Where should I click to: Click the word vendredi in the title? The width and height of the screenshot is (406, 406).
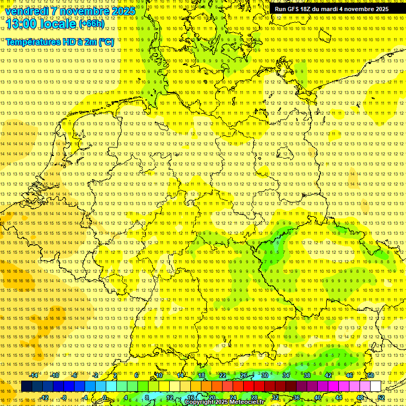coord(27,11)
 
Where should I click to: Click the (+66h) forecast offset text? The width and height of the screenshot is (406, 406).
coord(91,24)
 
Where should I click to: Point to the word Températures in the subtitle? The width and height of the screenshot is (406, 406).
coord(33,42)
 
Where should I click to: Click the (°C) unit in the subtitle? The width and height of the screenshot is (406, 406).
coord(106,42)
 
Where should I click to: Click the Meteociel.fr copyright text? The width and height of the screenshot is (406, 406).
coord(225,402)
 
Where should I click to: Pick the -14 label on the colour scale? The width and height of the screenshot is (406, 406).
coord(34,375)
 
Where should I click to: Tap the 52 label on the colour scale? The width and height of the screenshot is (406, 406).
coord(381,398)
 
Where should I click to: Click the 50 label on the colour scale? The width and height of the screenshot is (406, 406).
coord(371,375)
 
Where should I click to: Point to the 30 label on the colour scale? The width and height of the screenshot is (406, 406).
coord(265,375)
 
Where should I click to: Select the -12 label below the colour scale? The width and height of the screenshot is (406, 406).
coord(44,398)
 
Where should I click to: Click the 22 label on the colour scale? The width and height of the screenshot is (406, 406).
coord(223,375)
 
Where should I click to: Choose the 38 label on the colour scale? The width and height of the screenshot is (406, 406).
coord(307,375)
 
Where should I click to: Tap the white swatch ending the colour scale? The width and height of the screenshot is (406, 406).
coord(376,386)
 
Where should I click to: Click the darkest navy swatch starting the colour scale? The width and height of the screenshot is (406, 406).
coord(26,386)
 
